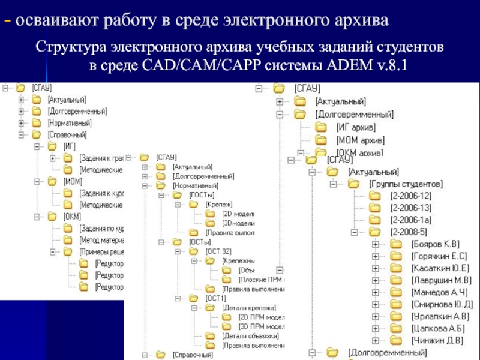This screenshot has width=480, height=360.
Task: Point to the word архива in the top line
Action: coord(359,20)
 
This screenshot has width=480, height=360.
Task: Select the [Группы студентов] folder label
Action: coord(406,183)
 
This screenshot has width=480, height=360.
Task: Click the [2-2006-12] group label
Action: coord(411,196)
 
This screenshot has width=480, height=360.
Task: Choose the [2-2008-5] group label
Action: coord(409,232)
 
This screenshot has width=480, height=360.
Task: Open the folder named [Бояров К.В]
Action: coord(435,244)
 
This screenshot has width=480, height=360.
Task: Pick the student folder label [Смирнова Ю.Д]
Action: coord(442,304)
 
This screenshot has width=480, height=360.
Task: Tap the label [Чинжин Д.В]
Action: coord(437,340)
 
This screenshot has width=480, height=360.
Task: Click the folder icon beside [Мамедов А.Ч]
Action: coord(395,292)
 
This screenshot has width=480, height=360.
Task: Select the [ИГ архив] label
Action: coord(356,127)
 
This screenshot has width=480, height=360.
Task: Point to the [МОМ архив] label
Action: coord(358,140)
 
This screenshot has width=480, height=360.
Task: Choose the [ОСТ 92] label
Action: coord(218,251)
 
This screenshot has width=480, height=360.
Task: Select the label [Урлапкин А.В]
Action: coord(440,316)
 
